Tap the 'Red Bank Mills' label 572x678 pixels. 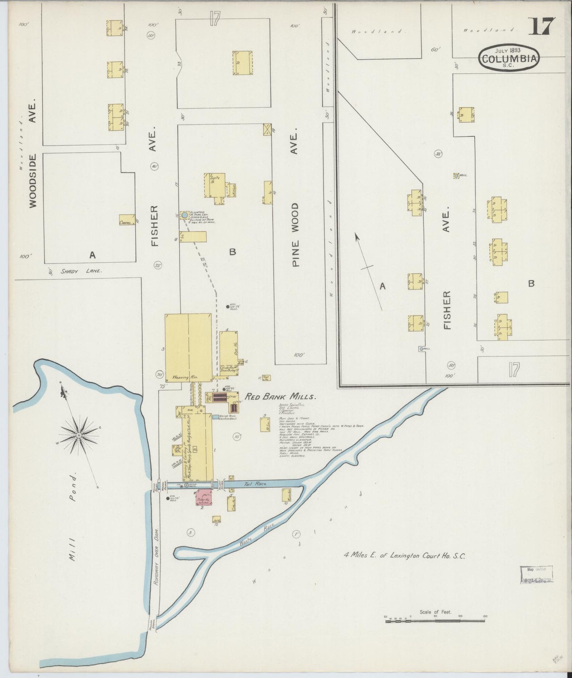point(280,397)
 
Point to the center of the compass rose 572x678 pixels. point(79,435)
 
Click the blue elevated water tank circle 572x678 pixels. point(184,215)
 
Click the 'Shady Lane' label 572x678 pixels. point(81,271)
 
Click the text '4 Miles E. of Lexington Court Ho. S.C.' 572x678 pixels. point(404,555)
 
